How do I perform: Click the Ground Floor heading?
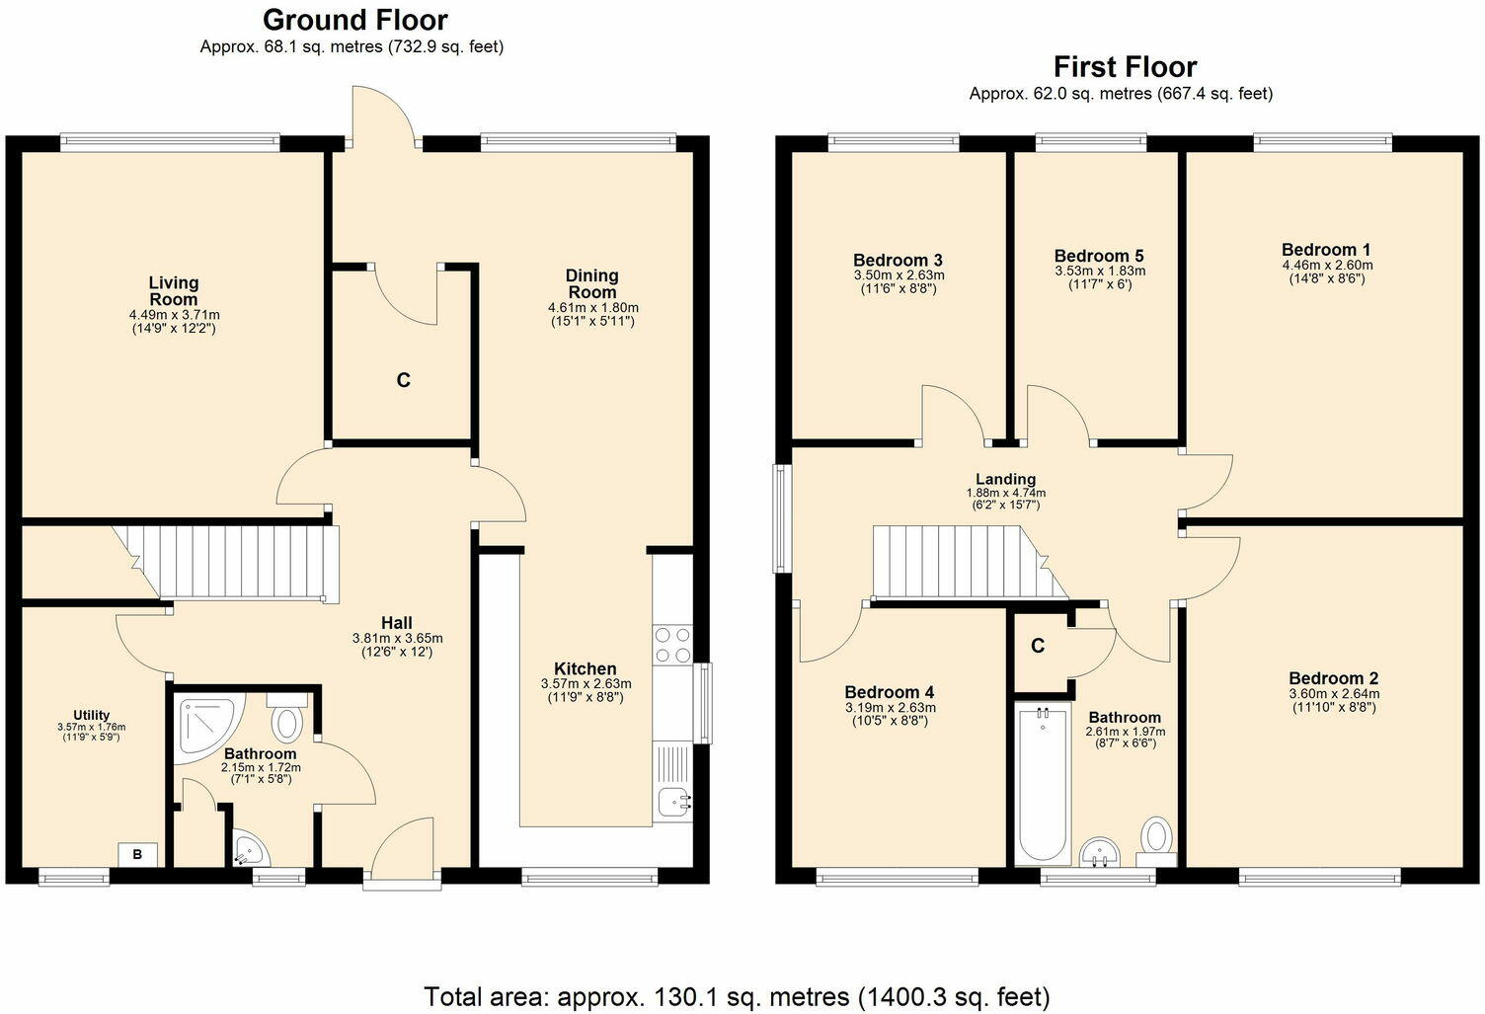pos(354,20)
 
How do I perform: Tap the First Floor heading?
pos(1125,67)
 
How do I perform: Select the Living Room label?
pos(174,291)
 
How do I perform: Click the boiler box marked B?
pos(137,855)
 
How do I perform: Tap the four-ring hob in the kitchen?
pos(672,645)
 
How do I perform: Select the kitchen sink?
pos(672,804)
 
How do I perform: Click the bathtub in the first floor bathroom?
pos(1042,784)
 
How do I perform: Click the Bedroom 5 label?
pos(1099,256)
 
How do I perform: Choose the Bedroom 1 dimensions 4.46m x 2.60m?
pos(1326,265)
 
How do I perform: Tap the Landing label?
pos(1005,480)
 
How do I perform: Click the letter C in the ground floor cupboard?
pos(403,380)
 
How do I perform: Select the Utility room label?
pos(91,716)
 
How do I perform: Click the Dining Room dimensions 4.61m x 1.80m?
pos(592,308)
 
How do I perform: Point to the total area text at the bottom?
pos(737,996)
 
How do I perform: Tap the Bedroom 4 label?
pos(889,693)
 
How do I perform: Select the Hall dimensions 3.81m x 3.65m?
pos(397,638)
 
